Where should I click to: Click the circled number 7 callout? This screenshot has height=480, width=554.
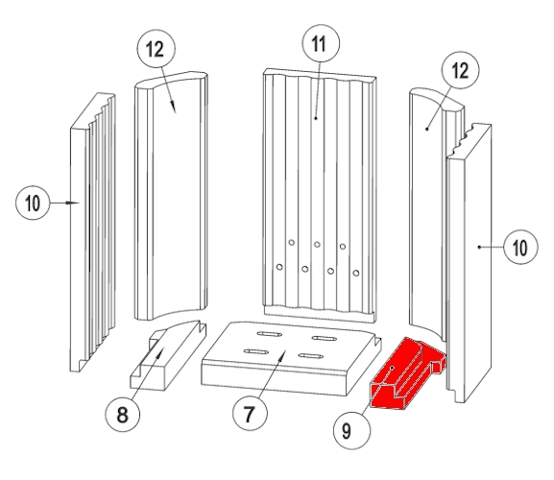(x=250, y=413)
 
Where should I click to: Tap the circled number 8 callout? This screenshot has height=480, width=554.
(x=122, y=414)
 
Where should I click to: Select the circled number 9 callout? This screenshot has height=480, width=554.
(x=352, y=431)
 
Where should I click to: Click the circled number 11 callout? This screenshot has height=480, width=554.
(x=321, y=43)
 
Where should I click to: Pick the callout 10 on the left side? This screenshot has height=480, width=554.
(x=33, y=203)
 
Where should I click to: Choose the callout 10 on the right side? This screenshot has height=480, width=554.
(x=520, y=247)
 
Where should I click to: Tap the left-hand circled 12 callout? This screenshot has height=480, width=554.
(x=156, y=49)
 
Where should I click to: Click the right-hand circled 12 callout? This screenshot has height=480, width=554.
(x=460, y=70)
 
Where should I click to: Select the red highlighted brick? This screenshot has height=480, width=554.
(x=407, y=373)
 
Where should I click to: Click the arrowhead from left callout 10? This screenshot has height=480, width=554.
(x=74, y=203)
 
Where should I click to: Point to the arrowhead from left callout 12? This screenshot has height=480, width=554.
(x=174, y=107)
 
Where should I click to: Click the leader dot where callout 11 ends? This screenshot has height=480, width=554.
(x=316, y=118)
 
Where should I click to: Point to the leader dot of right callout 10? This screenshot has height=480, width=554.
(x=479, y=247)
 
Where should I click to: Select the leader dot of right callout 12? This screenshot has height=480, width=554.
(x=427, y=130)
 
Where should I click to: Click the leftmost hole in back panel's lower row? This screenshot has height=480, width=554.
(x=279, y=267)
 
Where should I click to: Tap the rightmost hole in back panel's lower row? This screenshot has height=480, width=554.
(x=356, y=273)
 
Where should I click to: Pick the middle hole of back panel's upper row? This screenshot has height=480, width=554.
(x=317, y=245)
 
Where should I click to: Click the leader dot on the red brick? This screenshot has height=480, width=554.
(x=392, y=368)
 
